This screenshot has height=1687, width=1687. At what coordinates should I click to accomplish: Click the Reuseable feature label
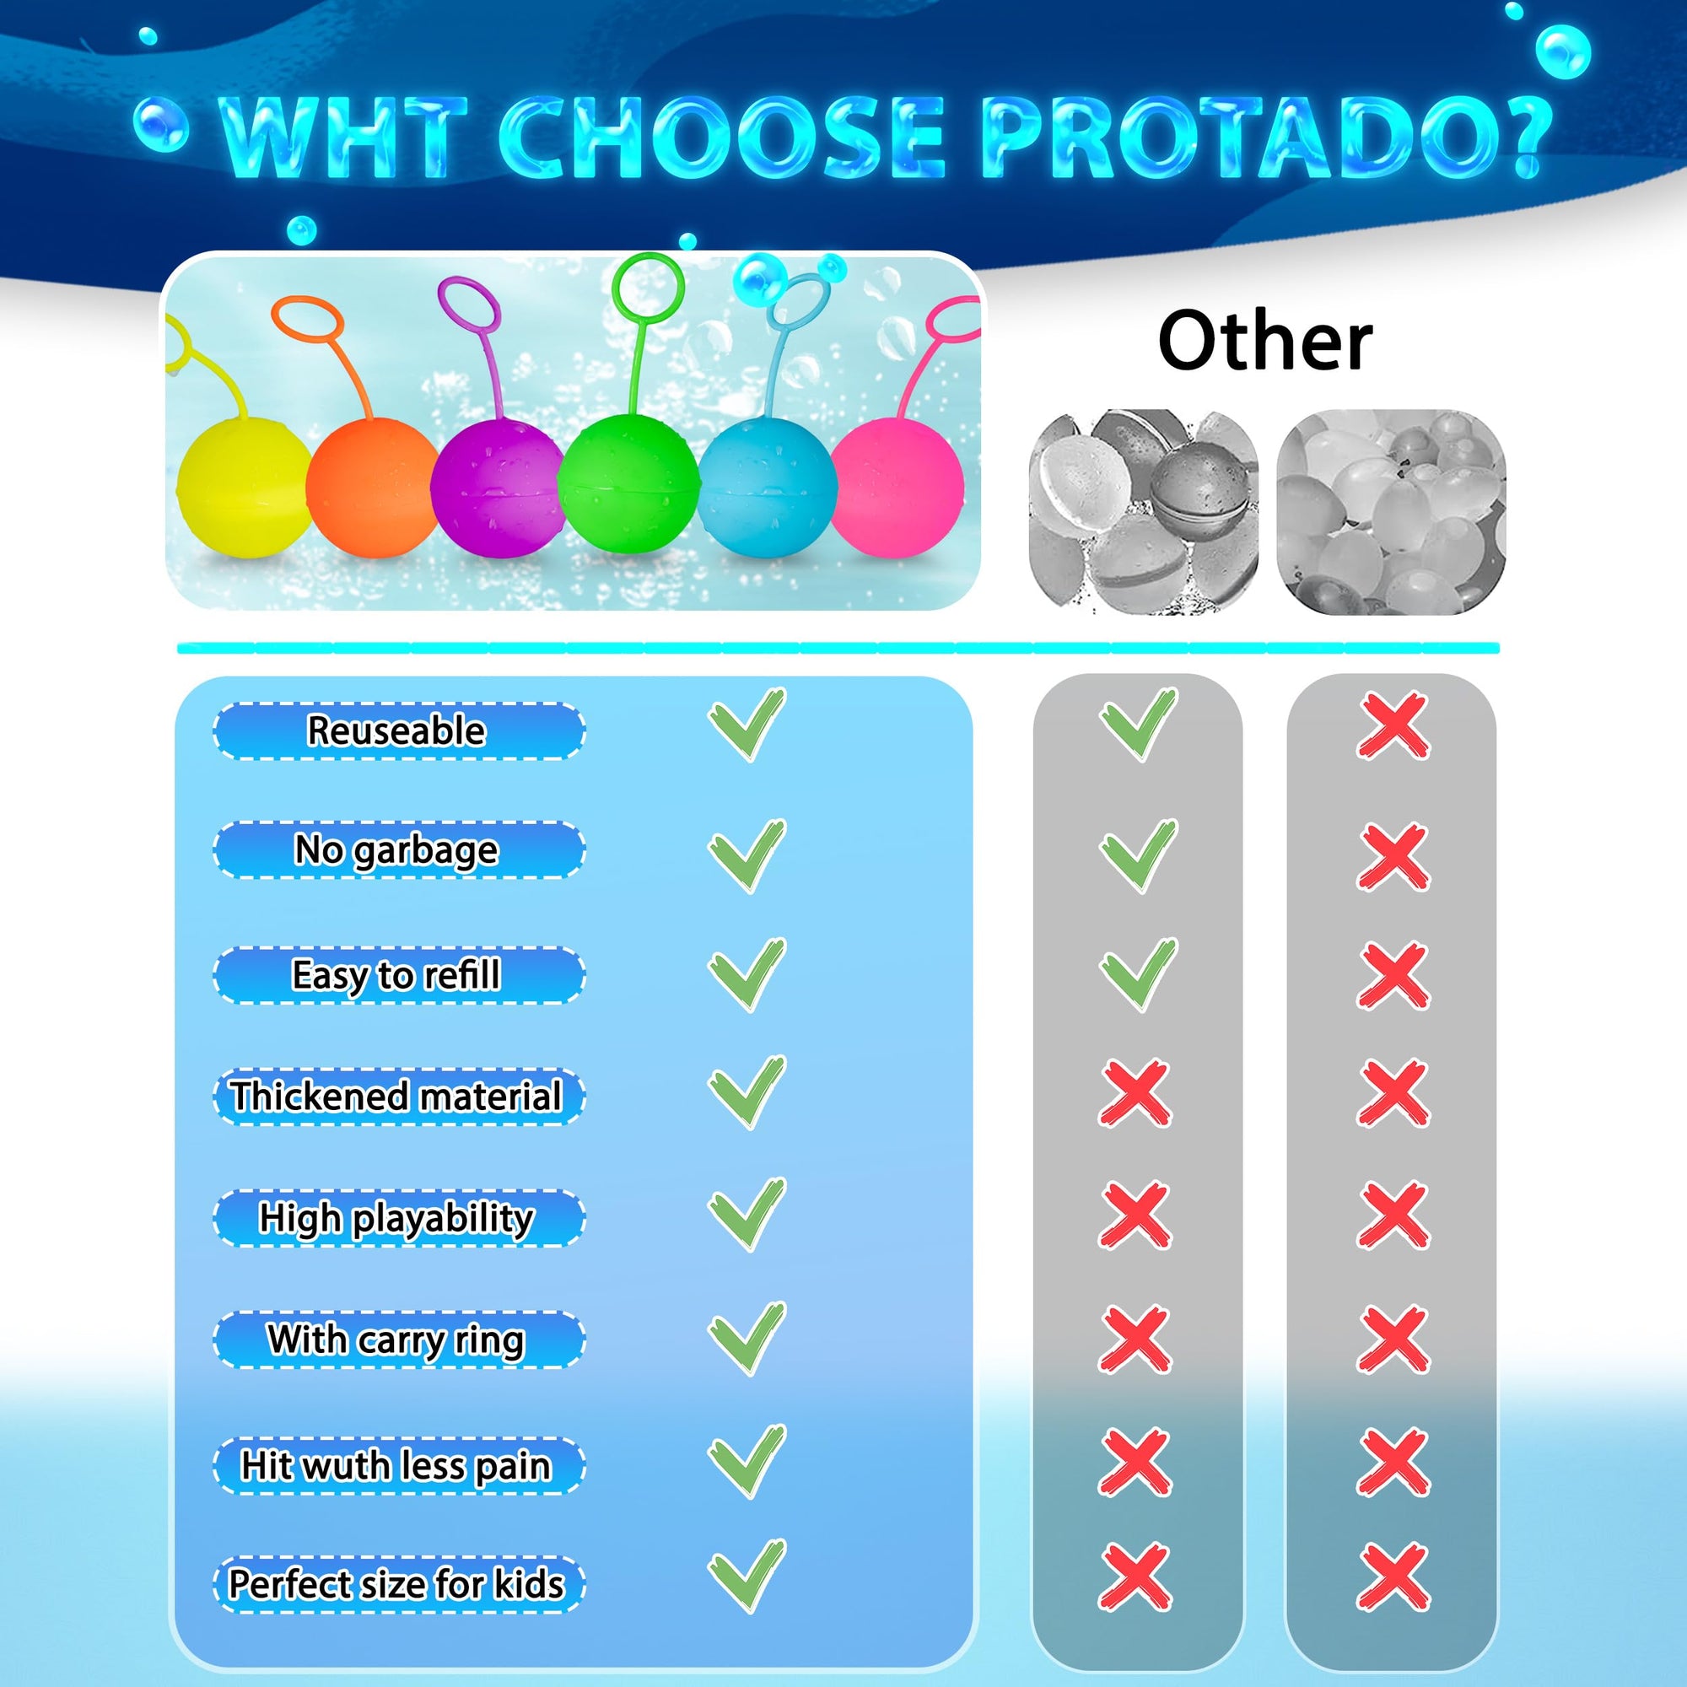click(396, 730)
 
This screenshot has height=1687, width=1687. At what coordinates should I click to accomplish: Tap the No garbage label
click(396, 849)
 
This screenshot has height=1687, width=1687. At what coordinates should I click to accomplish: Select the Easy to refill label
click(396, 974)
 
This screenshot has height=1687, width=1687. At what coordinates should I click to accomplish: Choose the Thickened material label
click(396, 1096)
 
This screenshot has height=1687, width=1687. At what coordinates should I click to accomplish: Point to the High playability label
click(396, 1217)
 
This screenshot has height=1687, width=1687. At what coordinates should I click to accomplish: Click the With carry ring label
click(396, 1339)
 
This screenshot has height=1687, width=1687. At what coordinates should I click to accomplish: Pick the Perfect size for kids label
click(396, 1583)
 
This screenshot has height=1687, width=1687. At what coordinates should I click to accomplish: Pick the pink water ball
click(897, 485)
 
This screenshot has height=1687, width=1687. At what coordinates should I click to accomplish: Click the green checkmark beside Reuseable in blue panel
click(747, 725)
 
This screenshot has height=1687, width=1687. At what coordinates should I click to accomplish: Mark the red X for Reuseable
click(1393, 725)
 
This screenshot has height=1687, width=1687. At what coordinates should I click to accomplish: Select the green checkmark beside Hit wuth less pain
click(747, 1462)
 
